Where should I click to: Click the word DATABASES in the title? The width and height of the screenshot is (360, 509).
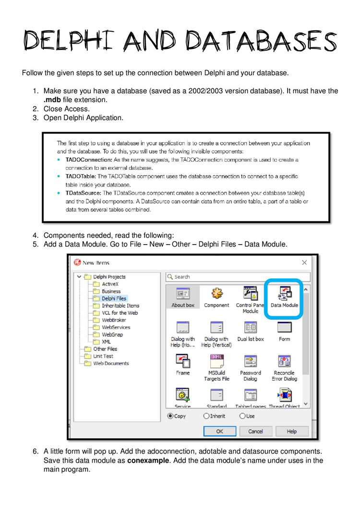[262, 40]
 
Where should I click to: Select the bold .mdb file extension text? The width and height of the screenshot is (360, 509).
[52, 100]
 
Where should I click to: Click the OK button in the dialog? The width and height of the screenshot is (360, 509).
[219, 431]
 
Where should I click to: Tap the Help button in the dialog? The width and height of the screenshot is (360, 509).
[291, 431]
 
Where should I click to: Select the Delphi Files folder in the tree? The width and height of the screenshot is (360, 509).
[114, 298]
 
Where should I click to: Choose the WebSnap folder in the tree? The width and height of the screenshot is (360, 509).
[112, 334]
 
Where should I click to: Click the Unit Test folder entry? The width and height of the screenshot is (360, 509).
[103, 356]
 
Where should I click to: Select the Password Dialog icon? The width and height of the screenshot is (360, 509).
[250, 361]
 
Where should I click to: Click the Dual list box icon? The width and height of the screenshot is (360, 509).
[250, 327]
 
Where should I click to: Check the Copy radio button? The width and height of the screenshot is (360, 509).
[170, 416]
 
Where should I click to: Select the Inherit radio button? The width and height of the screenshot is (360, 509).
[206, 416]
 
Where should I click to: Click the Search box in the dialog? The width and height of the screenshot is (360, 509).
[238, 277]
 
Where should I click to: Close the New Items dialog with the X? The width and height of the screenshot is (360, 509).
[304, 262]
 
